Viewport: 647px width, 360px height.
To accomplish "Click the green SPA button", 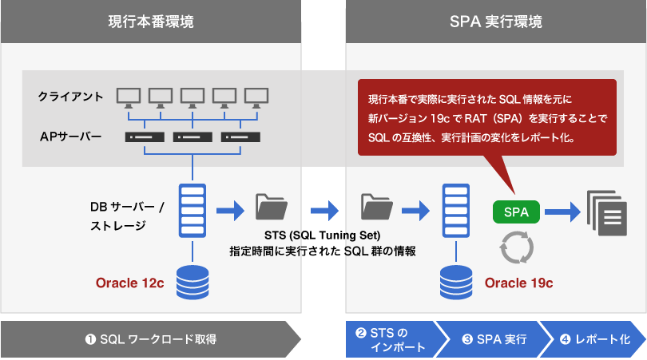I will (x=516, y=212).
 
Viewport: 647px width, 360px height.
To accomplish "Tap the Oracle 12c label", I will (x=129, y=283).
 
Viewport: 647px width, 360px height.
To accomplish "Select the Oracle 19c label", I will (x=518, y=283).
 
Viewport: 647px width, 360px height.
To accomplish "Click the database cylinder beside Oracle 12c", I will (x=192, y=281).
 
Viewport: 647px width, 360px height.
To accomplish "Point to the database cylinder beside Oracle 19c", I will (x=457, y=281).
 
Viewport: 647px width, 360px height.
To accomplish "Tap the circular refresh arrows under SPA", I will (x=515, y=248).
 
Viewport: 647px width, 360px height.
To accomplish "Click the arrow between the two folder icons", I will (x=323, y=209).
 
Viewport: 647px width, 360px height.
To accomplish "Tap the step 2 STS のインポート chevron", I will (x=390, y=339).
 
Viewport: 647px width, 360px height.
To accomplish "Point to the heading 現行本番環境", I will (x=150, y=22).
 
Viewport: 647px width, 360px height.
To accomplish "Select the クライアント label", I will (x=70, y=97).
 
